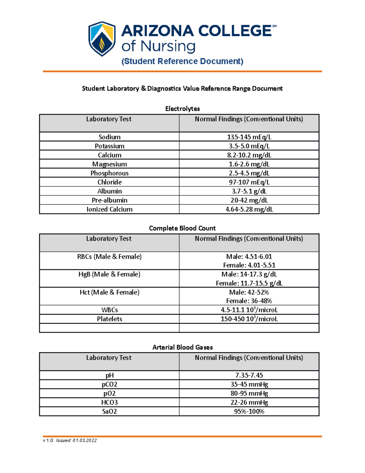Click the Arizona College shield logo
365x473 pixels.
click(x=102, y=39)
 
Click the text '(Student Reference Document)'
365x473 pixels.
click(x=182, y=61)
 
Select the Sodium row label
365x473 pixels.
click(x=109, y=137)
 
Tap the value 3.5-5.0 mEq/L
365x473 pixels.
click(x=249, y=146)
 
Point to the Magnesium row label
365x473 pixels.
click(x=109, y=164)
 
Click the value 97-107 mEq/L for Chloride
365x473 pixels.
click(x=249, y=182)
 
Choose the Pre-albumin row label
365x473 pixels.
click(x=109, y=200)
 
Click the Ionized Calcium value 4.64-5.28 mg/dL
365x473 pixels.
click(x=249, y=209)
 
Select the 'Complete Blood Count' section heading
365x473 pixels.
click(x=182, y=228)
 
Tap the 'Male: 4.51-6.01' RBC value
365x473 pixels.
click(x=249, y=256)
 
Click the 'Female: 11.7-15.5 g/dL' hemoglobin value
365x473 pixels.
click(x=249, y=283)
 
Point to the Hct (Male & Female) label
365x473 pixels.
click(x=109, y=292)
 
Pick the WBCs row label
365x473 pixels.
click(x=109, y=310)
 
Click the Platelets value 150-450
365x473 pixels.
click(x=249, y=319)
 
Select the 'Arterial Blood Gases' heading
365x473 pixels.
click(x=182, y=347)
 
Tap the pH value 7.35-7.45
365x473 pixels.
click(x=249, y=375)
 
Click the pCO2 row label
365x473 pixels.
click(x=109, y=384)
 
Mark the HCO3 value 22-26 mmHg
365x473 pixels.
click(x=249, y=402)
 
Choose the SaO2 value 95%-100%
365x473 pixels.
click(x=249, y=411)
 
